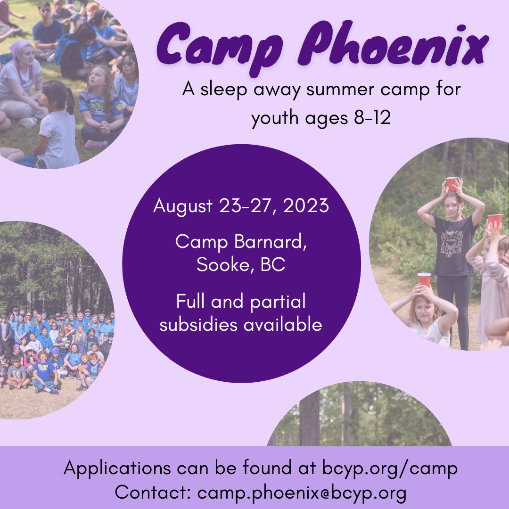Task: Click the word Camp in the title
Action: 213,46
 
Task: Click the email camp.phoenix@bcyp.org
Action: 302,493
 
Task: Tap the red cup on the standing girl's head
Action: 452,183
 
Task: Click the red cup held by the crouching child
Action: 424,279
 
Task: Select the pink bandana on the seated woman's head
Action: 21,48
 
